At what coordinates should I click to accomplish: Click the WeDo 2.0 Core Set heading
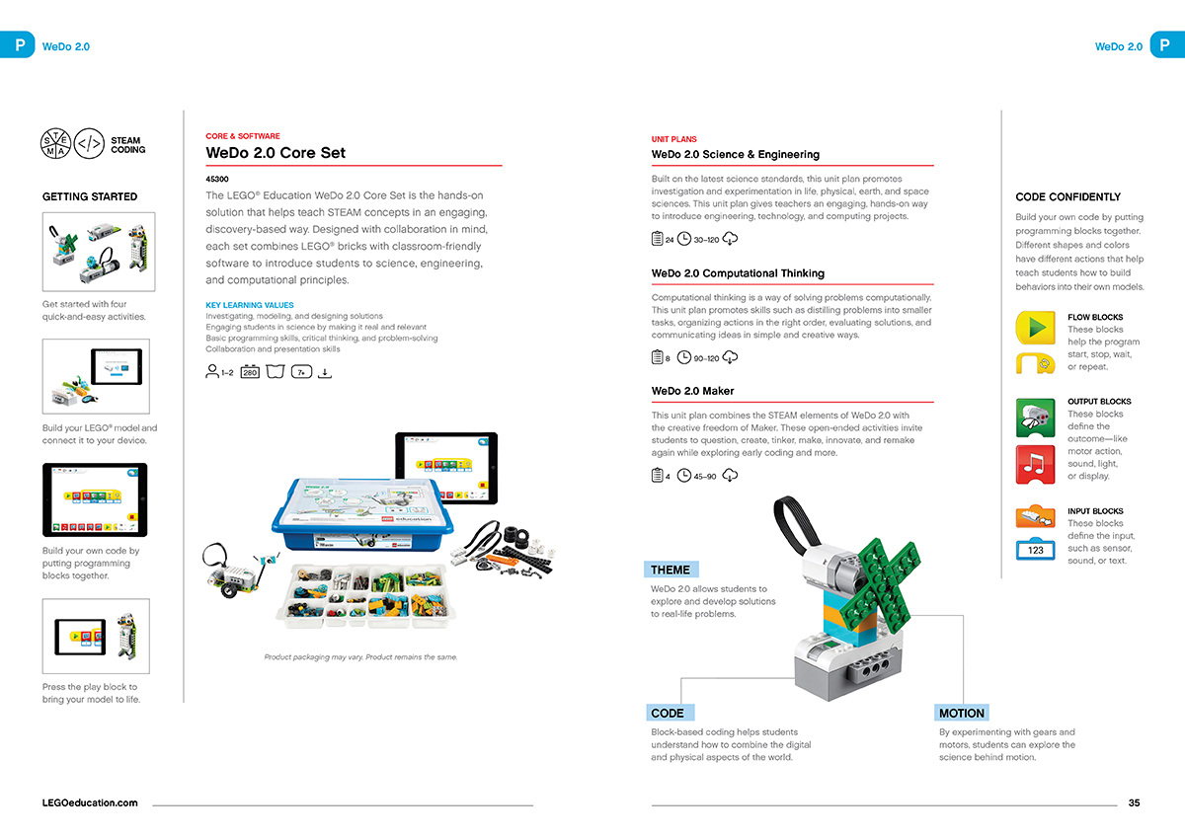(x=276, y=153)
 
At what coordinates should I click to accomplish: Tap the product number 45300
(x=216, y=180)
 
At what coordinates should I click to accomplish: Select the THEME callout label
(x=671, y=570)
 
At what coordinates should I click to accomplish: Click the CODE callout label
(x=668, y=713)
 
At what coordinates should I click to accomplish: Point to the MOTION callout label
(x=961, y=713)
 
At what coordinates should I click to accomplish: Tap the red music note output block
(x=1035, y=464)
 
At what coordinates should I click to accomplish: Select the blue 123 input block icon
(x=1035, y=550)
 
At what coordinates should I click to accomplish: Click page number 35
(x=1134, y=803)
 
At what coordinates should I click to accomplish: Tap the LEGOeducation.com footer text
(x=90, y=803)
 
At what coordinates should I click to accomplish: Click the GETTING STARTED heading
(x=90, y=196)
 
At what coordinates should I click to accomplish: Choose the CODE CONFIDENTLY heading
(x=1067, y=196)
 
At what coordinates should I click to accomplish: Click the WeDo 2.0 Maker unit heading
(x=692, y=391)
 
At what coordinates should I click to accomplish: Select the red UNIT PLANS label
(x=673, y=140)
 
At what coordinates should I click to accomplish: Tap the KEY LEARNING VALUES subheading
(x=250, y=305)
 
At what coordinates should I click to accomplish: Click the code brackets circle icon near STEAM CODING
(x=90, y=145)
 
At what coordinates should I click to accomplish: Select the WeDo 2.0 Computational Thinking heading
(x=738, y=273)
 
